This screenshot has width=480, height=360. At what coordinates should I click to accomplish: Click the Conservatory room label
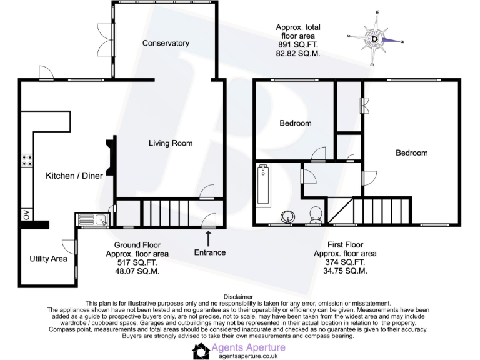[x=166, y=43]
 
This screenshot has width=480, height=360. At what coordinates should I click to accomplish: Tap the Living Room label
[x=171, y=143]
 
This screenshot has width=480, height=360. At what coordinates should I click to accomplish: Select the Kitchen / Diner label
[x=74, y=176]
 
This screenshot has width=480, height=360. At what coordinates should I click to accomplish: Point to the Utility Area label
[x=48, y=259]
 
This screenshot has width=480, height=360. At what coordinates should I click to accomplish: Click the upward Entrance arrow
[x=208, y=237]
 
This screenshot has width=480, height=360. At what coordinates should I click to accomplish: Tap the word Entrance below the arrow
[x=209, y=252]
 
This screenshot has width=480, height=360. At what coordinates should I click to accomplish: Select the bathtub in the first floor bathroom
[x=263, y=186]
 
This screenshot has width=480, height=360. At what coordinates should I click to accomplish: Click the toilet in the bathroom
[x=316, y=214]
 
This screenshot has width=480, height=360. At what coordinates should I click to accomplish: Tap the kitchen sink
[x=92, y=219]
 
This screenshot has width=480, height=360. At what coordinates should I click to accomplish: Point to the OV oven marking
[x=27, y=214]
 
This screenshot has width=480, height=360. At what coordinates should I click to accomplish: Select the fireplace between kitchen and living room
[x=111, y=159]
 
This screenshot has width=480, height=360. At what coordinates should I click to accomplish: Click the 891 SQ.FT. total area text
[x=298, y=46]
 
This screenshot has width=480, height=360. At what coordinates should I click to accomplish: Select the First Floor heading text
[x=345, y=245]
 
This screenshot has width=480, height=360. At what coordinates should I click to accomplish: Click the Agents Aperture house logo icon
[x=201, y=351]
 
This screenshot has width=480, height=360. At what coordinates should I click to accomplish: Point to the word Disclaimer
[x=239, y=297]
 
